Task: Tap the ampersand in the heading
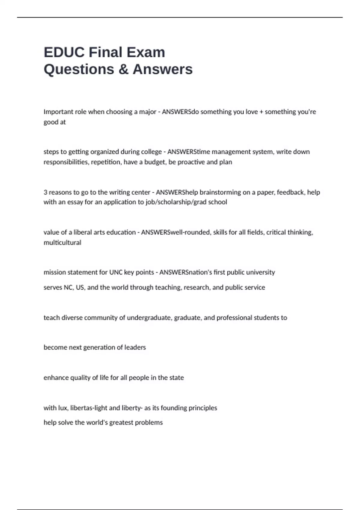pos(123,69)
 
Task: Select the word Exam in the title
pos(146,52)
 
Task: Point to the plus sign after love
pos(261,112)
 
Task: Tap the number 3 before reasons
pos(45,192)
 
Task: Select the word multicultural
pos(62,242)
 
